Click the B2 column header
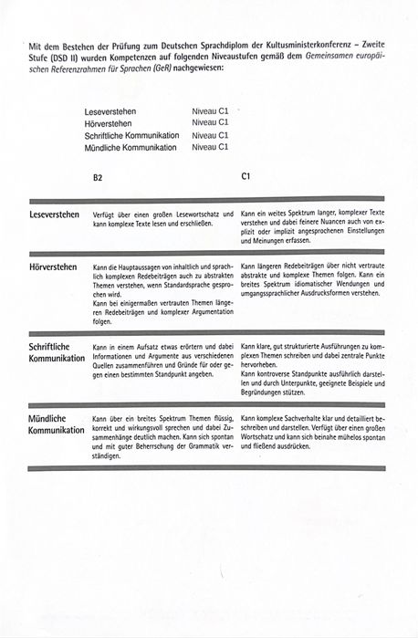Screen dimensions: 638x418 click(98, 179)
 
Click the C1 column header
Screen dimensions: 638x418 click(246, 177)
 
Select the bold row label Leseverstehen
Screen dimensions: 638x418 click(54, 214)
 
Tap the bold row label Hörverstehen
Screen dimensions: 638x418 click(53, 267)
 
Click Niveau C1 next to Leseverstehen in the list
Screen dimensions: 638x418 click(211, 110)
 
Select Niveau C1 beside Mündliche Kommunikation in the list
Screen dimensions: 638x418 click(211, 146)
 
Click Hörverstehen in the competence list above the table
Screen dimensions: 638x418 click(106, 122)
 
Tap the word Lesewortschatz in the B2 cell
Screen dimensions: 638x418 click(192, 214)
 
